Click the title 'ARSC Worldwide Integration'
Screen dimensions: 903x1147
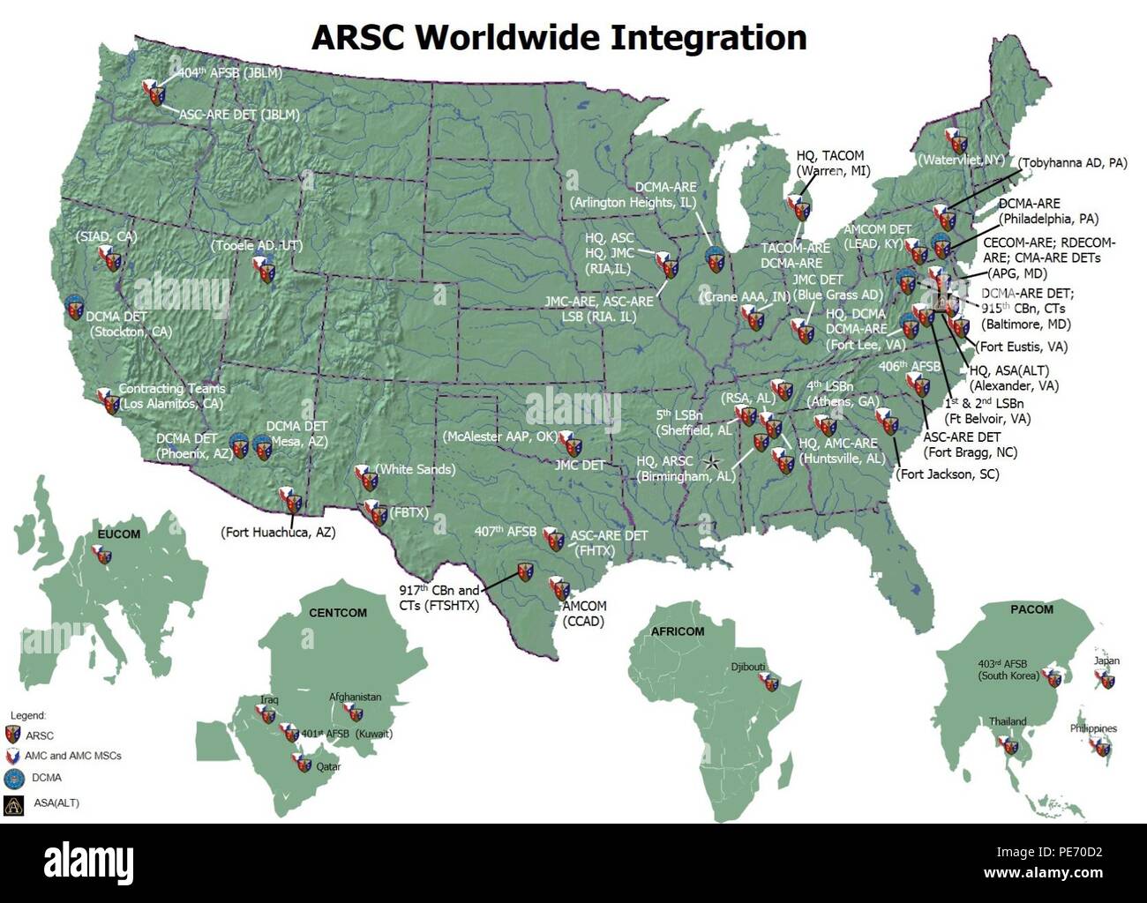(x=559, y=38)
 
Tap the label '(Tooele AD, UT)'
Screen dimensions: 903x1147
(x=256, y=245)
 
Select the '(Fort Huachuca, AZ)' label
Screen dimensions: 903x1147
(x=278, y=533)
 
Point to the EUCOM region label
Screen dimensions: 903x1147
(x=118, y=534)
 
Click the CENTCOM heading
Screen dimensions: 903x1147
(x=337, y=613)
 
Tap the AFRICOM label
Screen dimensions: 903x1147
(x=678, y=631)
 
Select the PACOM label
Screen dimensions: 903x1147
(x=1031, y=609)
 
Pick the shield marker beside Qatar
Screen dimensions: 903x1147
(x=303, y=764)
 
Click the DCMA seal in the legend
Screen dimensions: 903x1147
(x=13, y=779)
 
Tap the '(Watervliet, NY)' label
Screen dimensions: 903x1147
(x=961, y=160)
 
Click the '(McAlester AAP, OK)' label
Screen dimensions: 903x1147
(x=499, y=437)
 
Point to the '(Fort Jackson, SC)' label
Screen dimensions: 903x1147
(x=948, y=474)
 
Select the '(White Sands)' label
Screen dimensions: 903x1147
(x=416, y=469)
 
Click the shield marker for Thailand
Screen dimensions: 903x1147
(x=1008, y=746)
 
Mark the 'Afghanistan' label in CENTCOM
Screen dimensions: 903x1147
(x=355, y=697)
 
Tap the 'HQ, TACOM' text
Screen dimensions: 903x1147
(x=829, y=155)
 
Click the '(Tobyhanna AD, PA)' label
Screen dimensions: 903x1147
(x=1072, y=163)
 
